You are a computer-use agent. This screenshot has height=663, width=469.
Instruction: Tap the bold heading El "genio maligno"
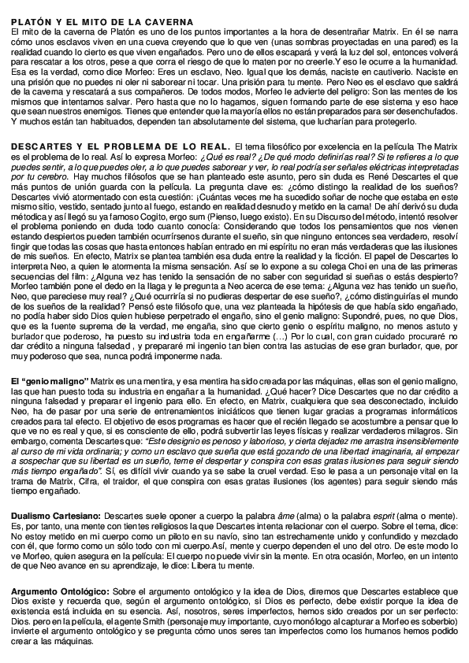(x=50, y=381)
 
